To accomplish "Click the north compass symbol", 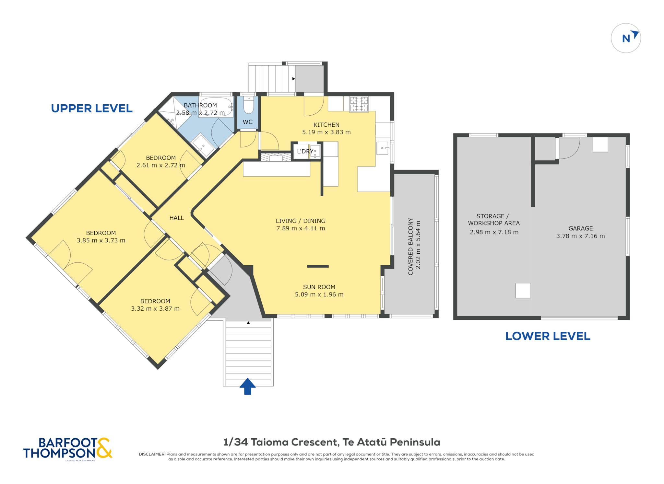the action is (626, 38).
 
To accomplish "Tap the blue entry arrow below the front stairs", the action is (248, 386).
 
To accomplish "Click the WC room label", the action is (248, 122).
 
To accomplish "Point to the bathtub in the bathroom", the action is (216, 107).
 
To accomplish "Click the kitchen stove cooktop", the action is (359, 104).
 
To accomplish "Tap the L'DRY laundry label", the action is (305, 151).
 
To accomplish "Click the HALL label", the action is (177, 218).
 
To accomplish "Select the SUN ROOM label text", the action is (319, 287).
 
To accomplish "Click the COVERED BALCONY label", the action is (410, 247).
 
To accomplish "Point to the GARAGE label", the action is (581, 228).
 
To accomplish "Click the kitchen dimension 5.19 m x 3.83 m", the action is (326, 132).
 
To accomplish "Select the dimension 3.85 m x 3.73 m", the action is (101, 240).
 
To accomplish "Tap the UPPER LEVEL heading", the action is (92, 108).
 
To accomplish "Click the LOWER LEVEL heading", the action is (548, 336).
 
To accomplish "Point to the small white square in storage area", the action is (523, 291).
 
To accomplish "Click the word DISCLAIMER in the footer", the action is (152, 454).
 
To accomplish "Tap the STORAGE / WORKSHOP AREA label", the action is (493, 220).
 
